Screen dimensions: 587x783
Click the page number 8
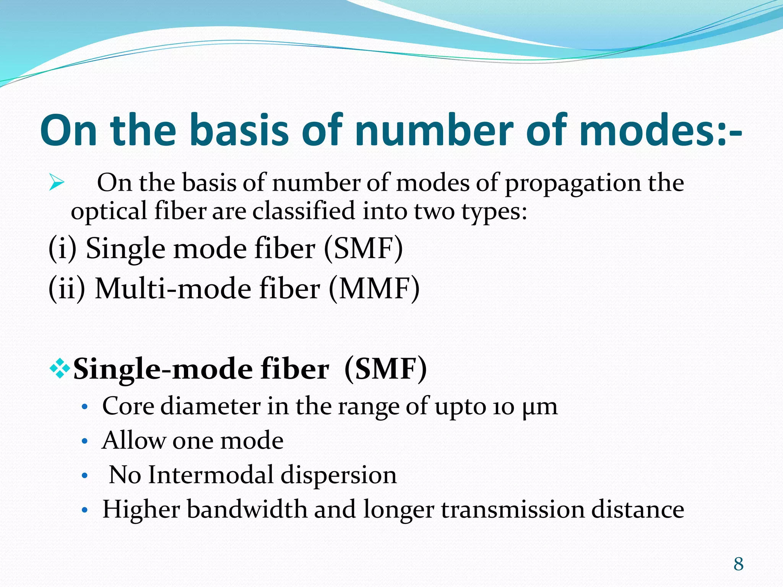[738, 564]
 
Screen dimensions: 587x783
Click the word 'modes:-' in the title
[660, 130]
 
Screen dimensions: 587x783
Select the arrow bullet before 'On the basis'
[57, 183]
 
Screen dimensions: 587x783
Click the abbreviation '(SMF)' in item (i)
[363, 249]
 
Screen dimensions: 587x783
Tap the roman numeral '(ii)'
[67, 289]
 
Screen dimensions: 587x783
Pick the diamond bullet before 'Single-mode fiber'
[60, 369]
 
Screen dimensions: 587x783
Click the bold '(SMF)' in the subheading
[385, 369]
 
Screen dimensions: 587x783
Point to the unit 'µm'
[540, 407]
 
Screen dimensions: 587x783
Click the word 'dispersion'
[339, 476]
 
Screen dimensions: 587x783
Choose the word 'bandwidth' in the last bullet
[247, 509]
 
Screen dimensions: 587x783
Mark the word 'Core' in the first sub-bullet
[128, 406]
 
